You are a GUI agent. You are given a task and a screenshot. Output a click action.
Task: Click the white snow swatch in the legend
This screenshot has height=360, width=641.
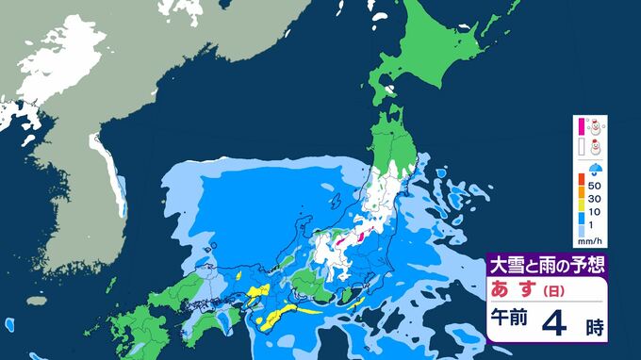(581, 147)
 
